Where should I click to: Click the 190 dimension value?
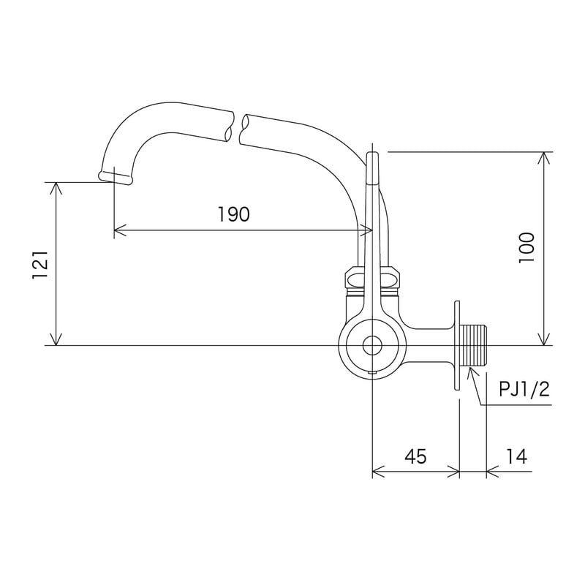234,214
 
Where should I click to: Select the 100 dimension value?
527,249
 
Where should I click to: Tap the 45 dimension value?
415,456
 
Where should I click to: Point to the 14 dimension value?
516,456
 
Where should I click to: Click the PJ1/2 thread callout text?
524,389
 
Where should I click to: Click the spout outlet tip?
115,176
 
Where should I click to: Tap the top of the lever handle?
371,157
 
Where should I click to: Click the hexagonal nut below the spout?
373,279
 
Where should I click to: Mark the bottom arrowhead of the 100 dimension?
543,339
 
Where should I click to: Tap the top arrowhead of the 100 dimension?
543,157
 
